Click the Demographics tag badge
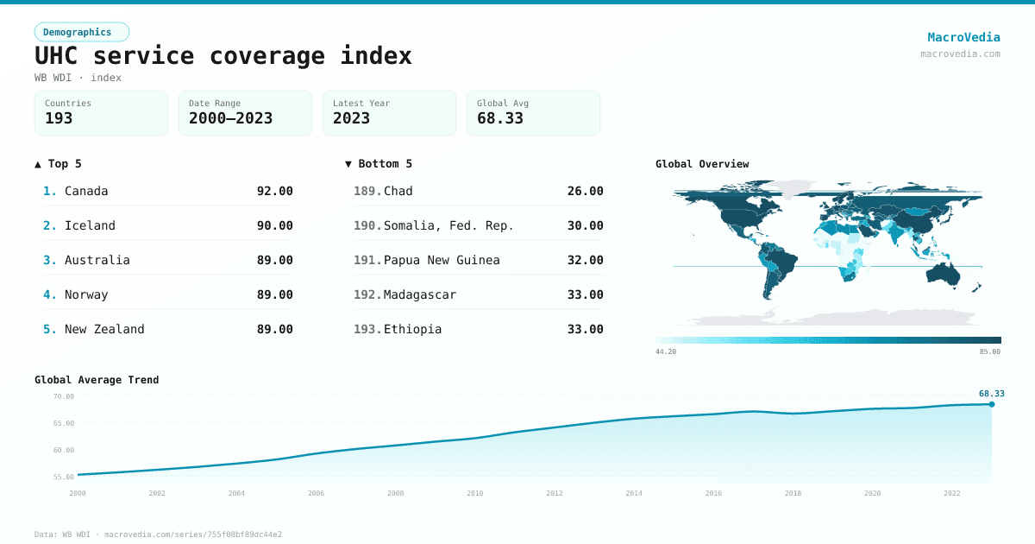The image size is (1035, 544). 81,32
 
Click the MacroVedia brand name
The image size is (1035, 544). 963,37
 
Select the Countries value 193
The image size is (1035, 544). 59,118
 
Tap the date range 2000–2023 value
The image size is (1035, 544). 230,118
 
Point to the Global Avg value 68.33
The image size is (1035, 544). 500,118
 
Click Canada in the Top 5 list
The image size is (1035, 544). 86,191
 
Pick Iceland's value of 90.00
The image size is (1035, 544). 274,225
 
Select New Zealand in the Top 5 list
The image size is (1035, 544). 104,329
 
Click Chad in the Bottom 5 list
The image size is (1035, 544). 398,191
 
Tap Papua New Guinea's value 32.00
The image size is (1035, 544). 585,260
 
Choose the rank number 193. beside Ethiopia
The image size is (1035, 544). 367,329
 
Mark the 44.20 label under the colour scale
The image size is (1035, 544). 665,351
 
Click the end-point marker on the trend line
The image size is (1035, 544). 992,404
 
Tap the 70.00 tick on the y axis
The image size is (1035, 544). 64,396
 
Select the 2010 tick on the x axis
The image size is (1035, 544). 475,493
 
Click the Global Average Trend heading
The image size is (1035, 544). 97,380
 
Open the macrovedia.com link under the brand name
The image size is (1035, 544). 960,54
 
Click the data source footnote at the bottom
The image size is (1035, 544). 158,535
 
